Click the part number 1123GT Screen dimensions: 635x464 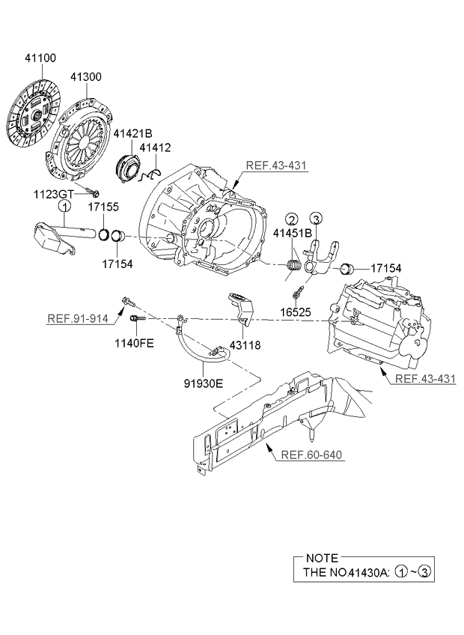(52, 194)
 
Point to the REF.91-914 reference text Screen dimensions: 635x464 (78, 318)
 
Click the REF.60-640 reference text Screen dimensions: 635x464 (311, 455)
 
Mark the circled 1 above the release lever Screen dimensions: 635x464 (65, 206)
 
